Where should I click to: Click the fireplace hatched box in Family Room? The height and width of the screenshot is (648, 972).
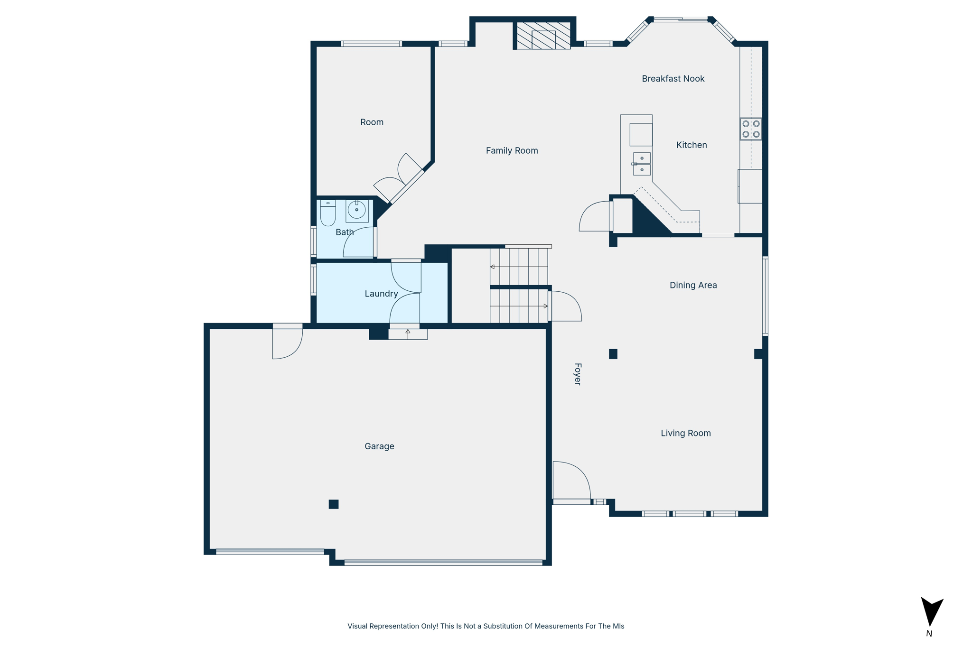pos(543,36)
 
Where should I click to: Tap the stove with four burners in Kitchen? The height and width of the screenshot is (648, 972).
pos(751,129)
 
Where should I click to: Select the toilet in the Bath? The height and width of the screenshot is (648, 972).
pos(327,213)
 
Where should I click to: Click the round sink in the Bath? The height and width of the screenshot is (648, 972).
pos(357,210)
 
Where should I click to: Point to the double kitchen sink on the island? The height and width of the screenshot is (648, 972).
pos(642,164)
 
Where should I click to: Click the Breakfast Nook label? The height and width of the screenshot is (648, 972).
pos(673,79)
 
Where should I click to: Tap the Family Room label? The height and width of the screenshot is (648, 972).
pos(512,151)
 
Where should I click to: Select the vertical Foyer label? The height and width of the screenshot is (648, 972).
pos(578,374)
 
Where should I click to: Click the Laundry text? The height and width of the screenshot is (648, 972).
pos(381,294)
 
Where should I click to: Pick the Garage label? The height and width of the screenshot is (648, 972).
pos(379,446)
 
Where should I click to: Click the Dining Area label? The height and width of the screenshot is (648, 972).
pos(693,286)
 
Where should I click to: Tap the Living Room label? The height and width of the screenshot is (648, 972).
pos(685,433)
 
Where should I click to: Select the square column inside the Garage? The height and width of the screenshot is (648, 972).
pos(334,504)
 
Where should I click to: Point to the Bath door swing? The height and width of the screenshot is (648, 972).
pos(358,243)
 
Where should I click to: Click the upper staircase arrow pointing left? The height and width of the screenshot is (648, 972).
pos(493,267)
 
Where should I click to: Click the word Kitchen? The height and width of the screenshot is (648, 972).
pos(691,145)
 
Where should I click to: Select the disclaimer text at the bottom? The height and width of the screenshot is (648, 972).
pos(486,626)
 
